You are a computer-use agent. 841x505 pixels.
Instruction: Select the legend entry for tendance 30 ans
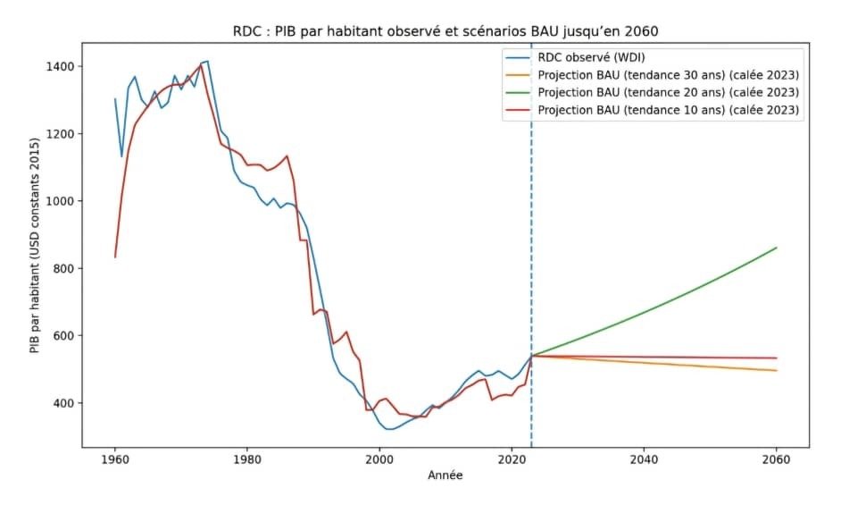pyautogui.click(x=668, y=76)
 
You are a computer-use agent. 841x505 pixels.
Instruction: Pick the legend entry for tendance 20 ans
pyautogui.click(x=668, y=93)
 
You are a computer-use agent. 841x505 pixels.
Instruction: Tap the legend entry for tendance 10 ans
pyautogui.click(x=668, y=110)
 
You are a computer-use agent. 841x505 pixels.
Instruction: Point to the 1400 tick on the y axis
pyautogui.click(x=61, y=67)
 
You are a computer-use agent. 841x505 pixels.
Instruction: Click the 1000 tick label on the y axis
pyautogui.click(x=61, y=201)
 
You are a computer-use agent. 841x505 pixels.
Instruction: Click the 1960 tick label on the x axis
pyautogui.click(x=115, y=461)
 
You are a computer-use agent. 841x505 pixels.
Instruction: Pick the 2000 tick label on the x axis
pyautogui.click(x=379, y=461)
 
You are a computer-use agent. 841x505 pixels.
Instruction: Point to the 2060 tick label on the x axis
pyautogui.click(x=776, y=461)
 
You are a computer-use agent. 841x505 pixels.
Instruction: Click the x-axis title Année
pyautogui.click(x=445, y=476)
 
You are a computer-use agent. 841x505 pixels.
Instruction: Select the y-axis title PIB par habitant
pyautogui.click(x=36, y=245)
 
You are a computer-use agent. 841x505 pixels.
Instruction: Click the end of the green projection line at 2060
pyautogui.click(x=776, y=248)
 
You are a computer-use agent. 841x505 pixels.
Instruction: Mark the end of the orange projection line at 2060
pyautogui.click(x=776, y=370)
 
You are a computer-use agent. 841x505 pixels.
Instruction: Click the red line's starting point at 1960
pyautogui.click(x=115, y=257)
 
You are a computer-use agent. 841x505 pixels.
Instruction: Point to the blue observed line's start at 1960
pyautogui.click(x=115, y=99)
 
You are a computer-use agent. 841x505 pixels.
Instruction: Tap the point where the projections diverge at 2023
pyautogui.click(x=531, y=356)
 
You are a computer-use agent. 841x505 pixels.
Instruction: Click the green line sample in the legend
pyautogui.click(x=520, y=93)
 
